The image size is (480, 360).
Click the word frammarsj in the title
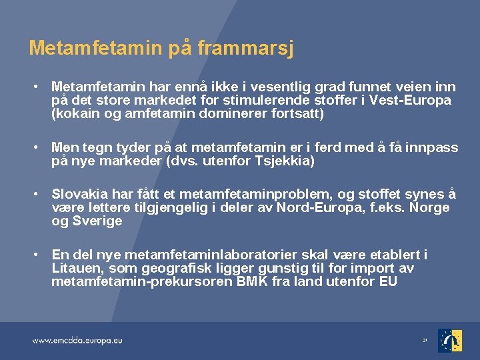click(245, 49)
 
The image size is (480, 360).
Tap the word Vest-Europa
click(410, 100)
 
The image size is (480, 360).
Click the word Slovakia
click(79, 194)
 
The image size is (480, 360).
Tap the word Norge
click(429, 207)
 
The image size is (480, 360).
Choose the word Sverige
click(97, 221)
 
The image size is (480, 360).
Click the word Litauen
click(78, 268)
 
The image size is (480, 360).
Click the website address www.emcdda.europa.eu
click(77, 341)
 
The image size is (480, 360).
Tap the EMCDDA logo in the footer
click(450, 341)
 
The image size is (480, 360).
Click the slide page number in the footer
click(425, 340)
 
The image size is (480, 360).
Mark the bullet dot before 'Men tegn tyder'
click(36, 147)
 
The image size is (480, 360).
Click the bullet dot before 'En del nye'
click(36, 255)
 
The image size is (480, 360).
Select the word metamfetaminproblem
click(255, 195)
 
